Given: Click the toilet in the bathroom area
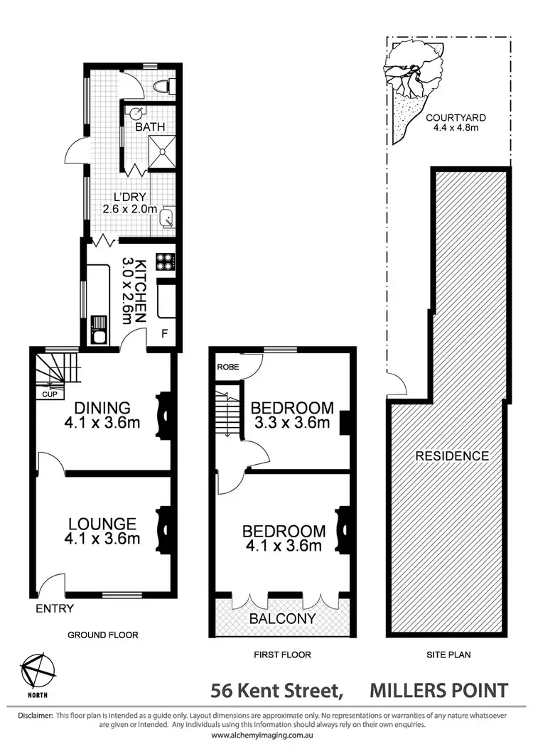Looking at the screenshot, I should click(x=164, y=87).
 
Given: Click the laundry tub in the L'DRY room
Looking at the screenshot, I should click(x=166, y=217).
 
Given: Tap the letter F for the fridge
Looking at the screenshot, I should click(x=165, y=333).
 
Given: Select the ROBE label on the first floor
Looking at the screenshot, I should click(x=227, y=367).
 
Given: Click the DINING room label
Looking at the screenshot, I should click(x=93, y=408).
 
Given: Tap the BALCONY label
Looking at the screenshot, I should click(x=282, y=618).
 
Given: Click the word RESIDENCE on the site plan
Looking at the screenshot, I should click(x=452, y=456).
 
